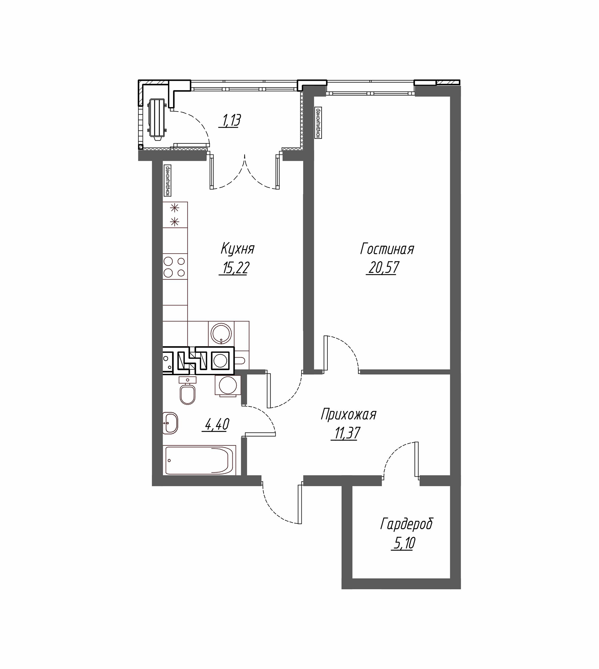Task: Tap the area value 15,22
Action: pos(234,268)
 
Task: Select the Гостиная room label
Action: pos(387,249)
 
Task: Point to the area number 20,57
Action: pos(383,268)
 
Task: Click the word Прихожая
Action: pos(349,415)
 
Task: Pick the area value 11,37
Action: pos(346,433)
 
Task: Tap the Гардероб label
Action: pos(407,524)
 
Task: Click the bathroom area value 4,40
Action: pos(217,424)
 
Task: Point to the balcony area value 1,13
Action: pos(229,121)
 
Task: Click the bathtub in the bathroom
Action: pos(199,460)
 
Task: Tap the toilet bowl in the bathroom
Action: pos(188,391)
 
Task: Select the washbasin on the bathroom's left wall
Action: pos(170,423)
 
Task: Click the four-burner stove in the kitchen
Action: pos(175,267)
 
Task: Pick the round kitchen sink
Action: pos(221,333)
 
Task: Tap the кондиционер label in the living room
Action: pos(318,123)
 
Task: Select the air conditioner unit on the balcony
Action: pos(156,119)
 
